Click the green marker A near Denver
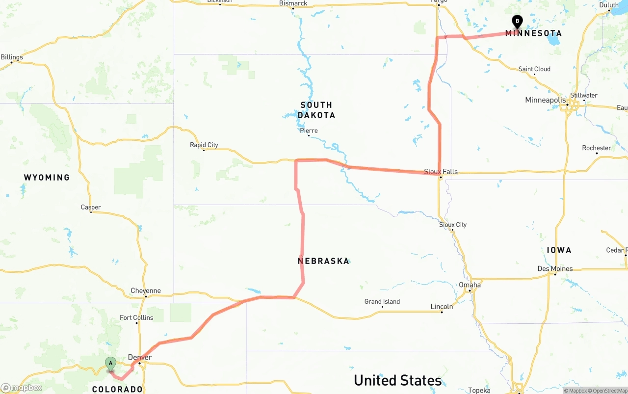tap(111, 364)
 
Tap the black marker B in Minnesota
tap(517, 21)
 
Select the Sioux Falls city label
tap(441, 172)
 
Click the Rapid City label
tap(204, 145)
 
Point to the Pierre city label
tap(309, 131)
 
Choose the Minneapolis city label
tap(545, 100)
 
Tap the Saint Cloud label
tap(534, 69)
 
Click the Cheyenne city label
tap(145, 290)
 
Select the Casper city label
tap(91, 208)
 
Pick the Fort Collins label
tap(136, 317)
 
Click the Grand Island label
tap(382, 302)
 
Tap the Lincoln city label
tap(442, 307)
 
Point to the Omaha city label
tap(470, 285)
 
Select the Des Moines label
tap(555, 269)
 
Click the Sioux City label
tap(453, 225)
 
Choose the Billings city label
tap(12, 57)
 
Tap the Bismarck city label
tap(293, 3)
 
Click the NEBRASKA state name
tap(323, 261)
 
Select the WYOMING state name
tap(47, 178)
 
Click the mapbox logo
tap(22, 388)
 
